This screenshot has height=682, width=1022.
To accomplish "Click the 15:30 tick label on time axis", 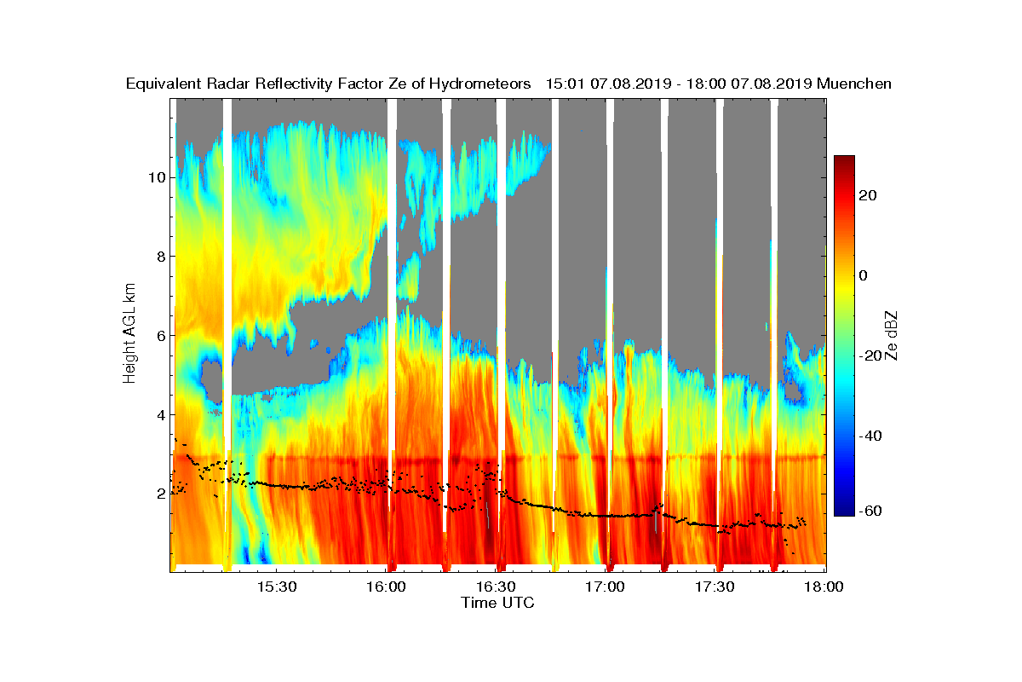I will point(278,587).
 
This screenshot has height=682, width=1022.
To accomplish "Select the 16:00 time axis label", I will point(388,587).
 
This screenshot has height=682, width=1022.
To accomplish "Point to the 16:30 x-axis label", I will point(497,587).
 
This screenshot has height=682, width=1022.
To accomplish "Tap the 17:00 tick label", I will point(606,587).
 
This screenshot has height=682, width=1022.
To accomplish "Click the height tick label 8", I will point(159,257).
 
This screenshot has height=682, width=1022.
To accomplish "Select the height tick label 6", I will point(159,335).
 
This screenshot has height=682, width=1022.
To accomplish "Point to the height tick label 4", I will point(159,414).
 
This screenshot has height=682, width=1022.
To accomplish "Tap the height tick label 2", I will point(159,494).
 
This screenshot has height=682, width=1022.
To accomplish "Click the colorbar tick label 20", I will point(869,195).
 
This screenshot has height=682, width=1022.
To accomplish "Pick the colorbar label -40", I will point(870,436).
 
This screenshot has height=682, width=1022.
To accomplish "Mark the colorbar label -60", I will point(870,511).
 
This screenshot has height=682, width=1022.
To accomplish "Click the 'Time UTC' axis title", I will point(498,603).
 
